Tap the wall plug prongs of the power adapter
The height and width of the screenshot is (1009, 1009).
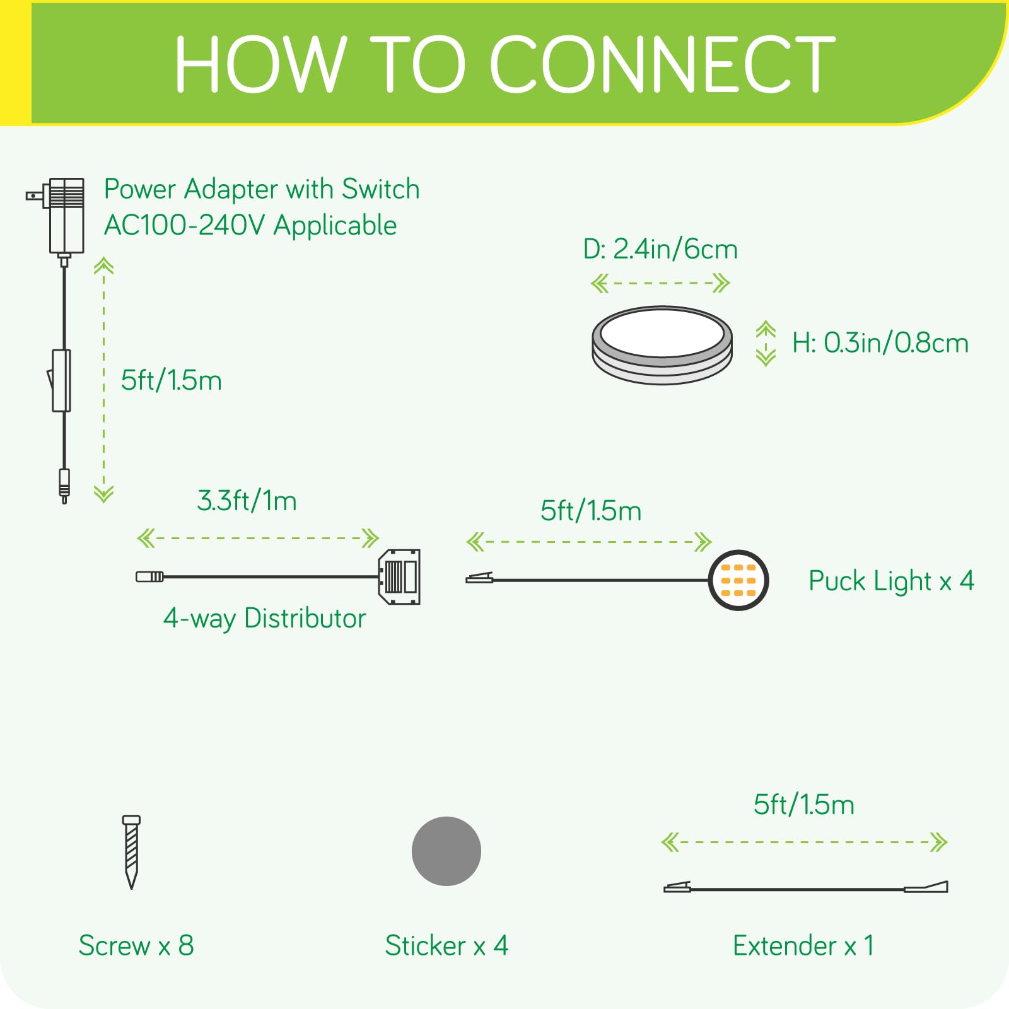[34, 196]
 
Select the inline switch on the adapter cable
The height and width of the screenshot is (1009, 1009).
[61, 380]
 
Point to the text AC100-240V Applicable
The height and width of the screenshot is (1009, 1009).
[250, 226]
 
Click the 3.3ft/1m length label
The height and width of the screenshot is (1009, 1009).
[247, 501]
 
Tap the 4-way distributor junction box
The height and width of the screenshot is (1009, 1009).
[399, 576]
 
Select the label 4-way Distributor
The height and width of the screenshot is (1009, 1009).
[264, 619]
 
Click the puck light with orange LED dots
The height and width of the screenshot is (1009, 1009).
[738, 580]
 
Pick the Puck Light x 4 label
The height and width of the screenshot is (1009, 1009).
[890, 581]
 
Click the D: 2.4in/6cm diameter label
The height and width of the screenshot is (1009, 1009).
[660, 249]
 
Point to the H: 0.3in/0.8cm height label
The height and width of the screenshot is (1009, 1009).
[880, 343]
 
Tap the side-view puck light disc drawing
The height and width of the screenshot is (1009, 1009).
[662, 345]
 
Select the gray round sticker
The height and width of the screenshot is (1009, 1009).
[446, 851]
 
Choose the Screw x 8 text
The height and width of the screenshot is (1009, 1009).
[136, 945]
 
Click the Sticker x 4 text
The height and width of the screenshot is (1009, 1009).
[446, 945]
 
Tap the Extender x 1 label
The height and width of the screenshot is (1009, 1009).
[803, 945]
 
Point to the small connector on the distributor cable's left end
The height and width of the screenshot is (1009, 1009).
[149, 576]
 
